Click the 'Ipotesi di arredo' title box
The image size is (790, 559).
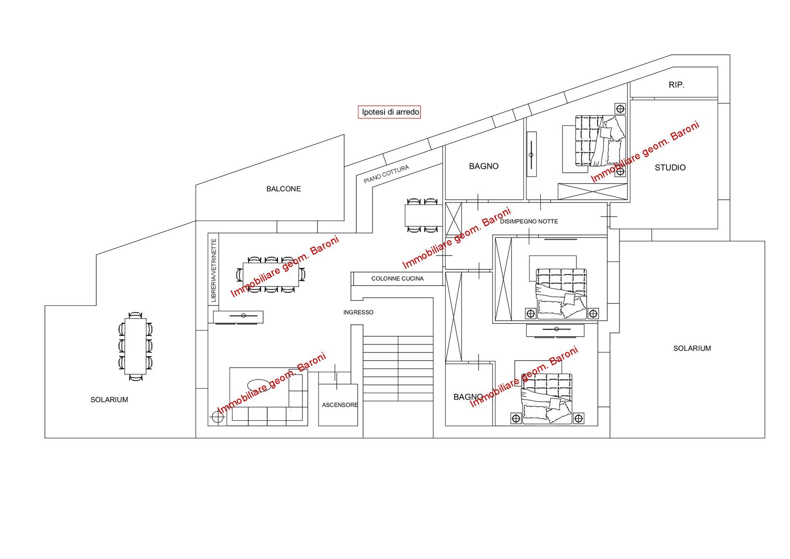(x=389, y=112)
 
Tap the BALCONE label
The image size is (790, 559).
(x=283, y=189)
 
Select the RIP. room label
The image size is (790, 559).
(x=676, y=85)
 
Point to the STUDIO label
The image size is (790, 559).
(x=670, y=168)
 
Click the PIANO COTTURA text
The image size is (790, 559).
(x=386, y=174)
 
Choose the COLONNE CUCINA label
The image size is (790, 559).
(x=397, y=279)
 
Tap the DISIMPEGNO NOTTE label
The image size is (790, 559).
(x=529, y=221)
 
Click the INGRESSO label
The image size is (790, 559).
(x=358, y=312)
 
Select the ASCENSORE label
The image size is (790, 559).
(x=339, y=405)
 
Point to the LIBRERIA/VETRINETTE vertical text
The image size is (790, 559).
(x=214, y=270)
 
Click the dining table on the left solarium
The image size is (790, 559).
(x=135, y=346)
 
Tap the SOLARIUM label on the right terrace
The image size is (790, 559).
(x=692, y=348)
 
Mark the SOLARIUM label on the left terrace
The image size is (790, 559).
(x=109, y=400)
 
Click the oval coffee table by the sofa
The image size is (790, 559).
(x=259, y=385)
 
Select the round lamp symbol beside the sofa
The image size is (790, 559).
(x=217, y=417)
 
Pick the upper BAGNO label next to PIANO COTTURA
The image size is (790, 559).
(x=483, y=166)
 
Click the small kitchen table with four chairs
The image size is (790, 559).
(x=423, y=215)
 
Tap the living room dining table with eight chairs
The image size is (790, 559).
(x=270, y=274)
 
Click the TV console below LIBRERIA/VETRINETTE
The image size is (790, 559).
(x=238, y=316)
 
